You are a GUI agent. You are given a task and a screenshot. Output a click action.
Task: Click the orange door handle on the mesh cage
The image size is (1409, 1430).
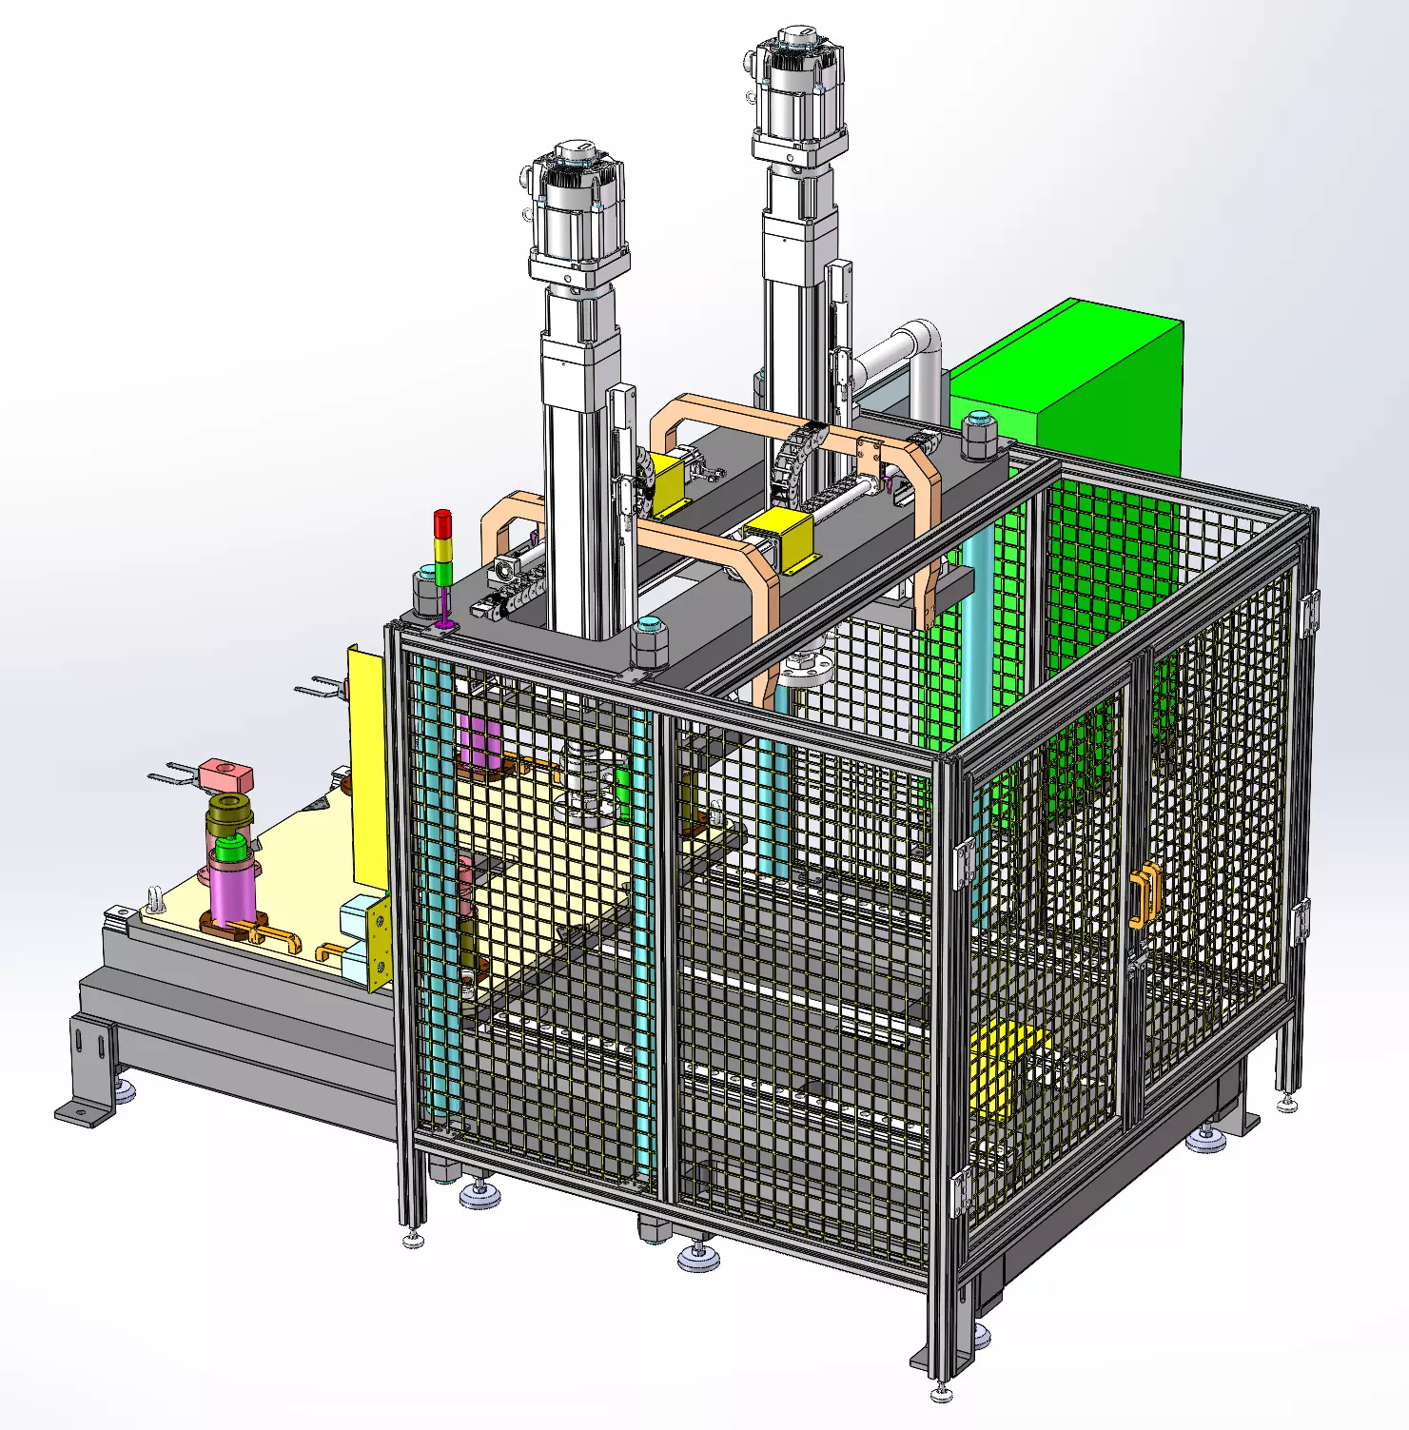click(x=1145, y=894)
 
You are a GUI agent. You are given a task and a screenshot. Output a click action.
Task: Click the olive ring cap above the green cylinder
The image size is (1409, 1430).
click(x=229, y=814)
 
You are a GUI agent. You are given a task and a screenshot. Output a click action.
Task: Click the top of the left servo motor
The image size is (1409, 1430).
click(x=577, y=152)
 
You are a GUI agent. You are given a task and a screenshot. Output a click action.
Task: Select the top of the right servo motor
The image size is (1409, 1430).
click(x=799, y=38)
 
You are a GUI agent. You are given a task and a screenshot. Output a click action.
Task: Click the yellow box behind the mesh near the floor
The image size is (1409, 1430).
click(x=1004, y=1066)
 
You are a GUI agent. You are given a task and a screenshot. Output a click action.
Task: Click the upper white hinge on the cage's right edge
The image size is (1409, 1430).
click(x=1309, y=614)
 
